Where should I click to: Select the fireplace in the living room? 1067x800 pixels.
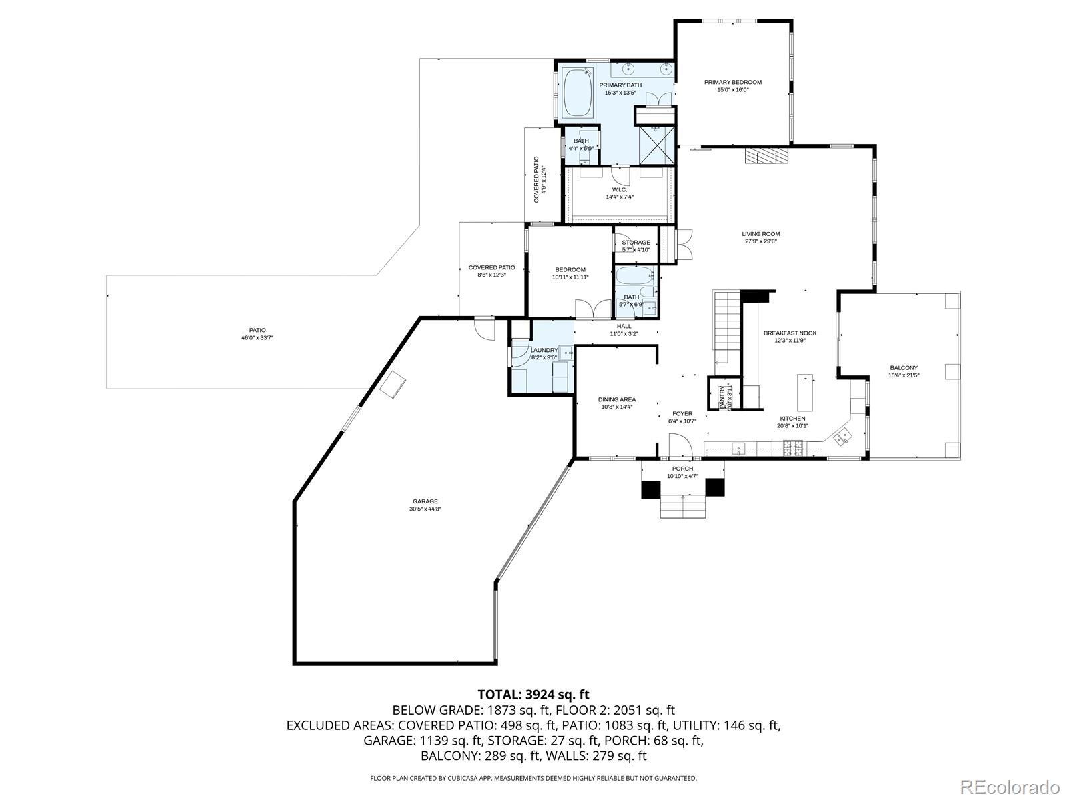[x=766, y=155]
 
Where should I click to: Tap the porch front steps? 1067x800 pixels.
[x=683, y=507]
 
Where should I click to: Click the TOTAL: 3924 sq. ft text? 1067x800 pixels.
[x=533, y=695]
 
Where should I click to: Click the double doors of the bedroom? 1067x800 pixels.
[x=593, y=309]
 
